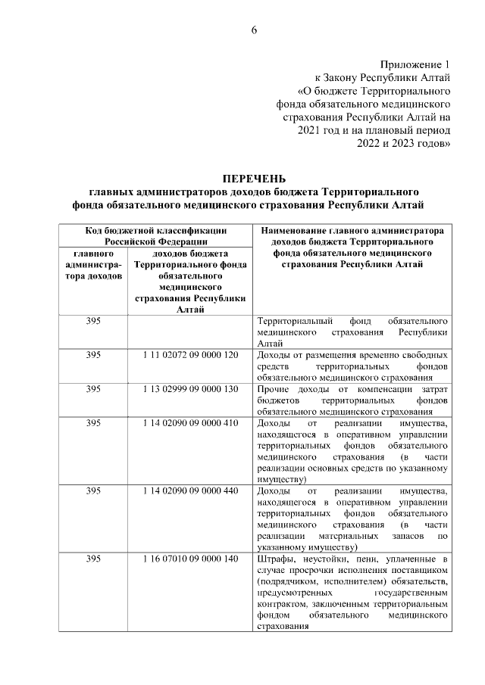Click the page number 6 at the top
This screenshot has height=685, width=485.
(x=254, y=30)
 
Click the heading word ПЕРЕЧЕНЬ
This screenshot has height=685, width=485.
(x=254, y=179)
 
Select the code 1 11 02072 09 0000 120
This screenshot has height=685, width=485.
(x=190, y=355)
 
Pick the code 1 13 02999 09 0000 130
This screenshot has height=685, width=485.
(x=190, y=389)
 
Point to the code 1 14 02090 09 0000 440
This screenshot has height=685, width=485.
(x=190, y=491)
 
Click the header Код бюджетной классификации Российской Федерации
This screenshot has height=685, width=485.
(x=155, y=234)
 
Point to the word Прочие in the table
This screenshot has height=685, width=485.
(x=274, y=389)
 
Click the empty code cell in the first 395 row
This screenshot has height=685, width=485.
(x=190, y=332)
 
